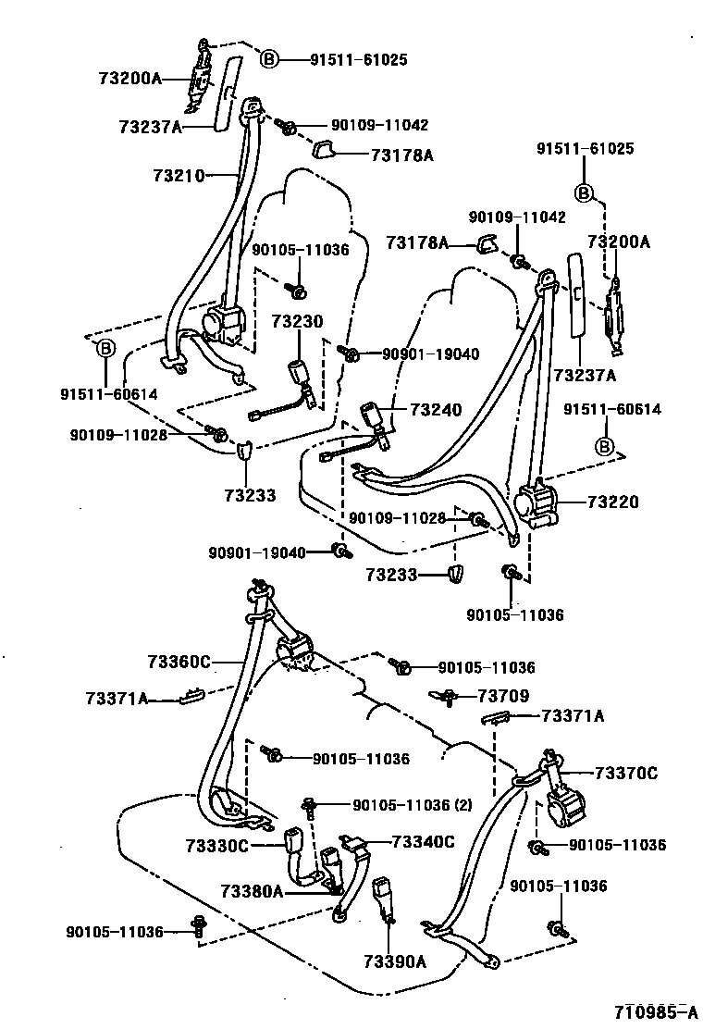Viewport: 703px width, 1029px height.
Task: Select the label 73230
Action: pyautogui.click(x=297, y=322)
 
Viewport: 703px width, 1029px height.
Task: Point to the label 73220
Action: pyautogui.click(x=611, y=502)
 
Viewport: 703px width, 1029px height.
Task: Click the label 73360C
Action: pyautogui.click(x=179, y=661)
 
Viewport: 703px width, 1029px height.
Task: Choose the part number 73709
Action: pyautogui.click(x=503, y=695)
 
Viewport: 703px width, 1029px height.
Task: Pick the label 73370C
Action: pyautogui.click(x=626, y=773)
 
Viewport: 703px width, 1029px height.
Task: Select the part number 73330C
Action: pyautogui.click(x=217, y=845)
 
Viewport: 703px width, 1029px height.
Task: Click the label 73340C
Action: pyautogui.click(x=424, y=841)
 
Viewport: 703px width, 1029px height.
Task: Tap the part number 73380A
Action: pyautogui.click(x=251, y=891)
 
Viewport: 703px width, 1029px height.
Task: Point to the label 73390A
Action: pyautogui.click(x=395, y=961)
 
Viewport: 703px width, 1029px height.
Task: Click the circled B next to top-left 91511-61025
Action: pyautogui.click(x=268, y=59)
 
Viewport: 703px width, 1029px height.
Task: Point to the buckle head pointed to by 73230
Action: pyautogui.click(x=301, y=374)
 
